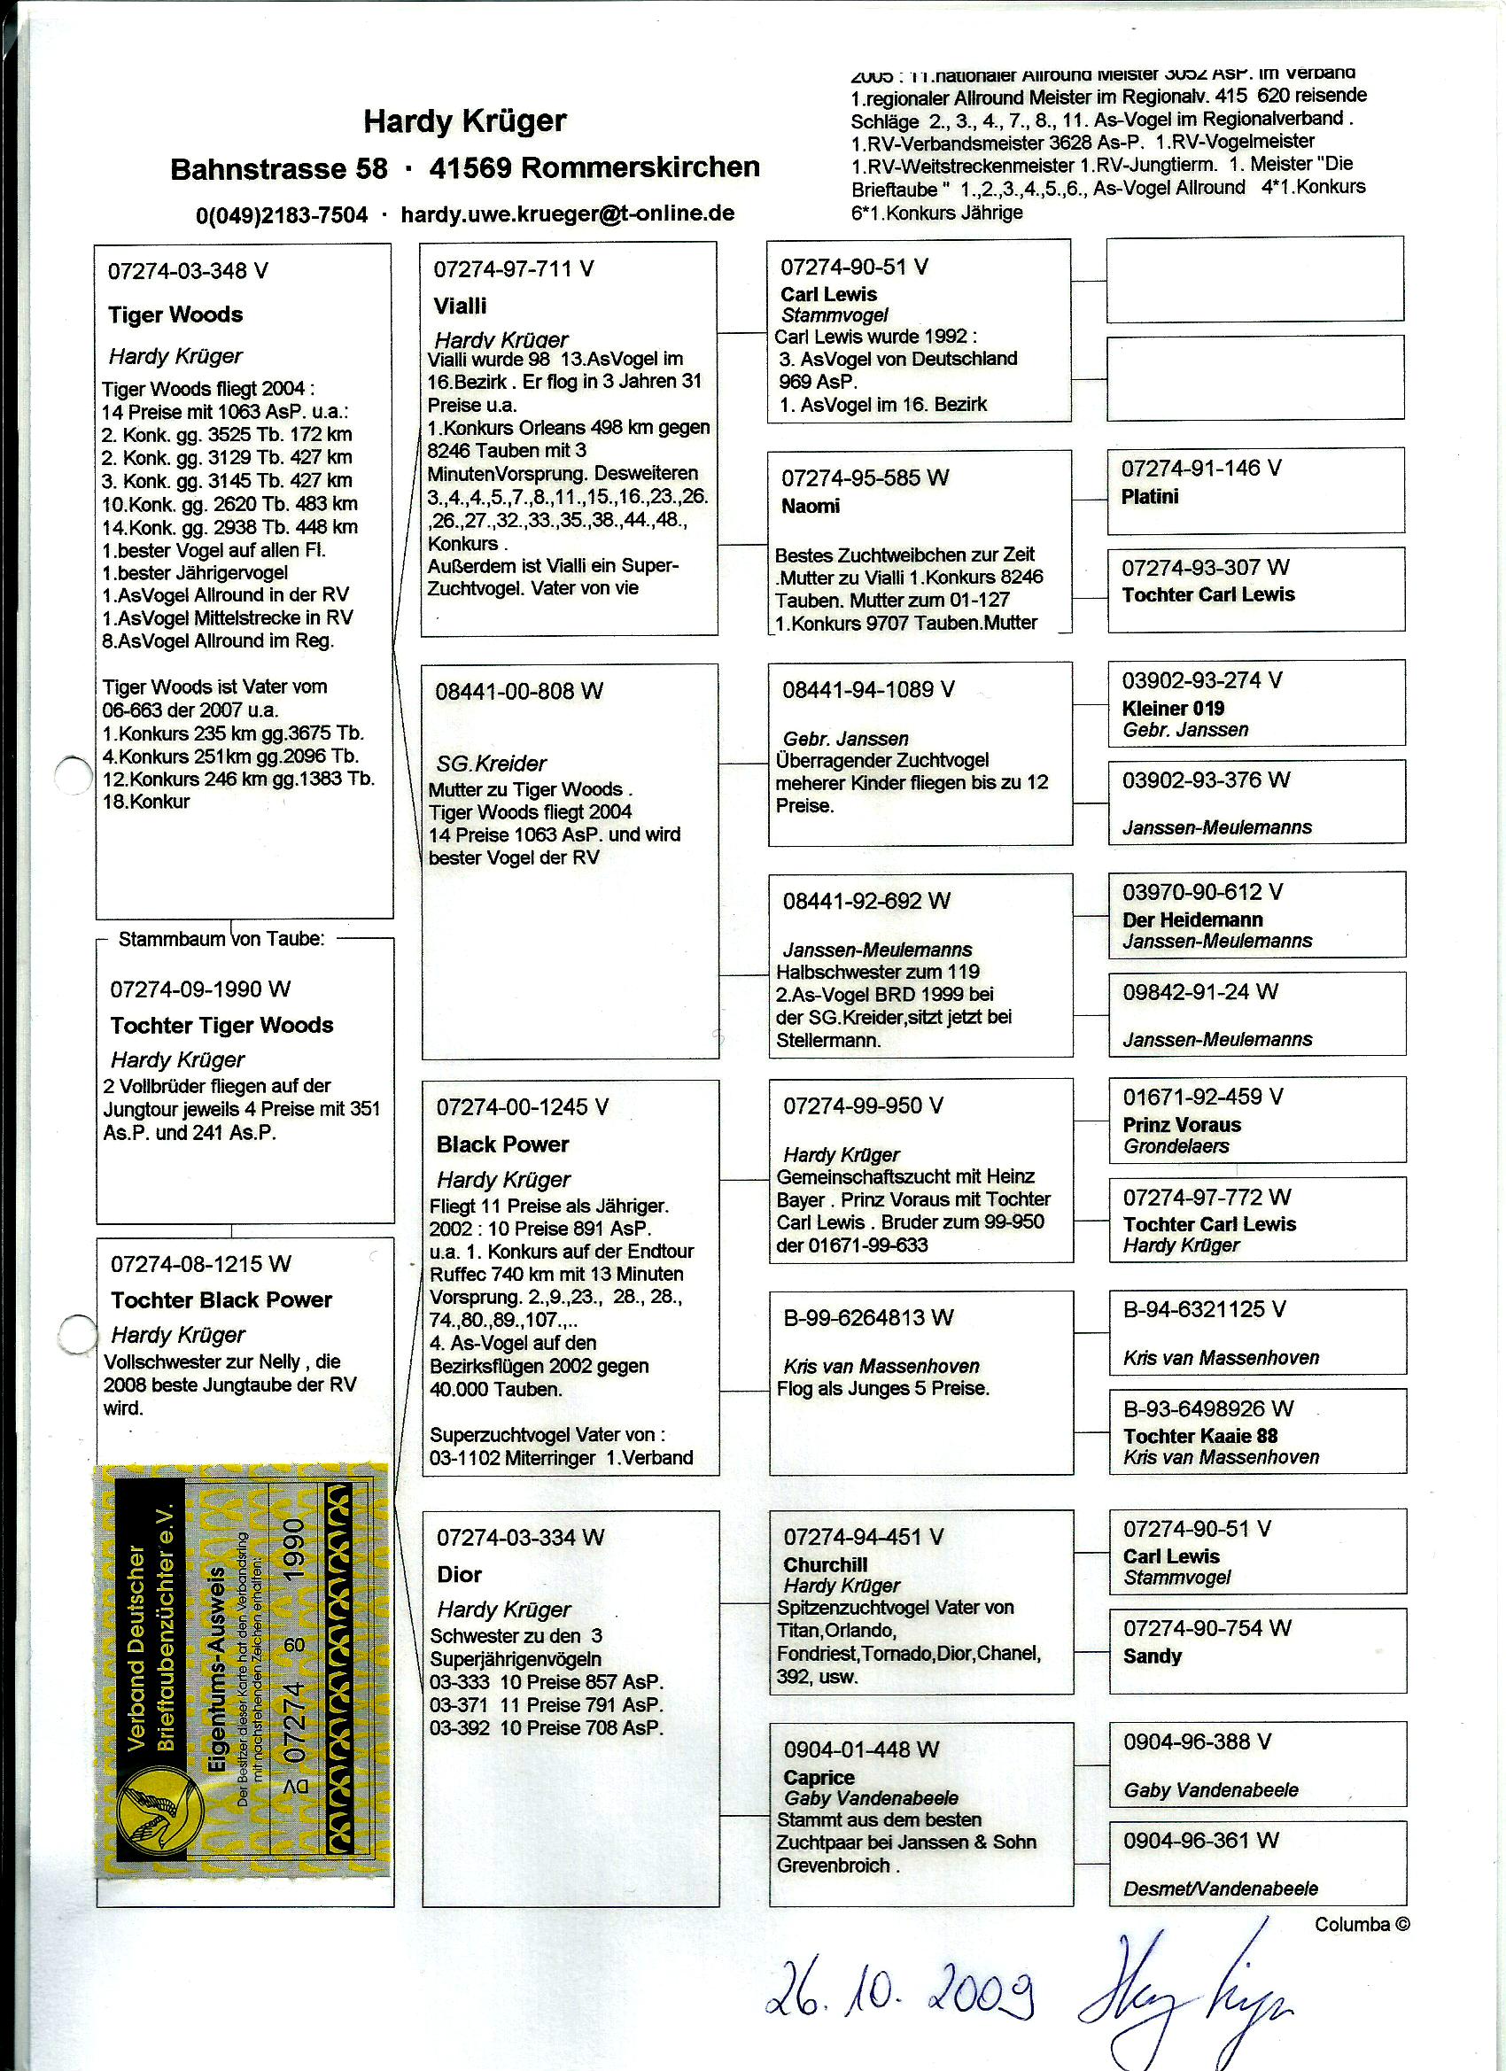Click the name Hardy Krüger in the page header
(x=465, y=121)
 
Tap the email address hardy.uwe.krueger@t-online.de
(x=567, y=213)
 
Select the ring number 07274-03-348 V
(x=188, y=270)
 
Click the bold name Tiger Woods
(x=175, y=315)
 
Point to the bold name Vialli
(x=460, y=306)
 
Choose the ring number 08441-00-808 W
(x=519, y=691)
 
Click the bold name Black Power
(x=502, y=1144)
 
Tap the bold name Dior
(x=459, y=1574)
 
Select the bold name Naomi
(x=810, y=506)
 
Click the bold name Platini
(x=1150, y=497)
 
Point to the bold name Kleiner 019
(x=1173, y=709)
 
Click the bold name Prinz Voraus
(x=1182, y=1125)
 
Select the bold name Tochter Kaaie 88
(x=1200, y=1436)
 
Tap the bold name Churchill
(x=825, y=1564)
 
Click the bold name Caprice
(x=819, y=1777)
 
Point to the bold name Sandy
(x=1152, y=1656)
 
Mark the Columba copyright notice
(x=1362, y=1924)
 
